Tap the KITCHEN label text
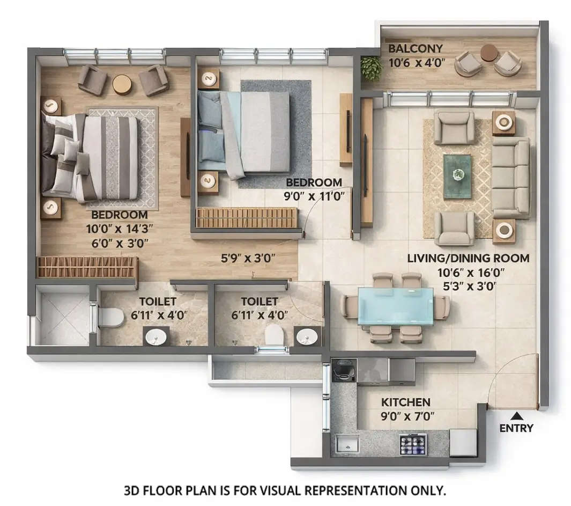[405, 402]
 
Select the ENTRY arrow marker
[516, 415]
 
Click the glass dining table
[395, 306]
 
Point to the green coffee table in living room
[457, 176]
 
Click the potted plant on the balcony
[371, 68]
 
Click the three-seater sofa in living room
[511, 177]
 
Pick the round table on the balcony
[488, 53]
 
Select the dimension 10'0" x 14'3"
[119, 229]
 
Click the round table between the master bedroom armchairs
[122, 84]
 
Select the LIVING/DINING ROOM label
[468, 258]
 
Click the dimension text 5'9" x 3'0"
[248, 258]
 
